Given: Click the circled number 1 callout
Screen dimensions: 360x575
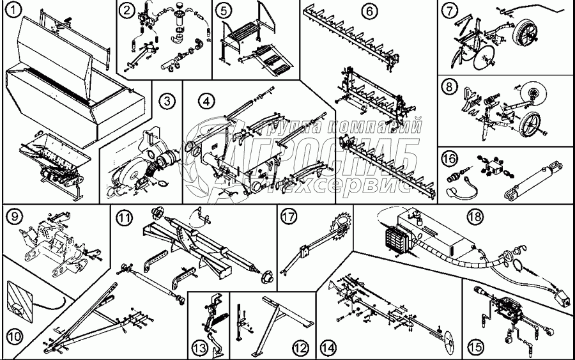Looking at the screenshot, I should (11, 12).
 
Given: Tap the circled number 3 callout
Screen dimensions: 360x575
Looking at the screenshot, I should (167, 100).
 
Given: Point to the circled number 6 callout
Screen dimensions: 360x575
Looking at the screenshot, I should (369, 11).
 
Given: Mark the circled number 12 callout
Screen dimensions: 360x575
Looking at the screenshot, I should (300, 348).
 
